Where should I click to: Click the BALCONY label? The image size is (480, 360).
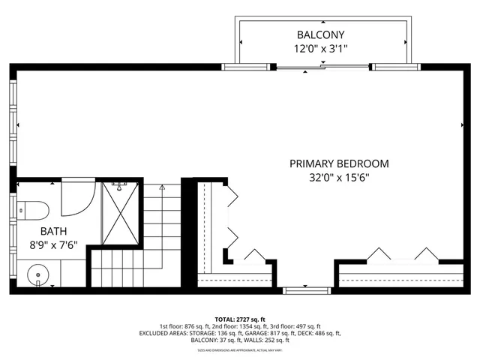[321, 34]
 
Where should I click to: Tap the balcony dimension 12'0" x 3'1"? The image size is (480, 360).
[321, 49]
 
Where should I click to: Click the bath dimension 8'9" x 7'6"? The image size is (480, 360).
[52, 244]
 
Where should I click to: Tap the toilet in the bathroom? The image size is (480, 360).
[33, 208]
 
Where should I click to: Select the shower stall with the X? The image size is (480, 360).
[119, 212]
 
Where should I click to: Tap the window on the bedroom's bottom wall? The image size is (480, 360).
[305, 289]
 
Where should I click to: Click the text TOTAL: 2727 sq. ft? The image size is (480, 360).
[240, 319]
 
